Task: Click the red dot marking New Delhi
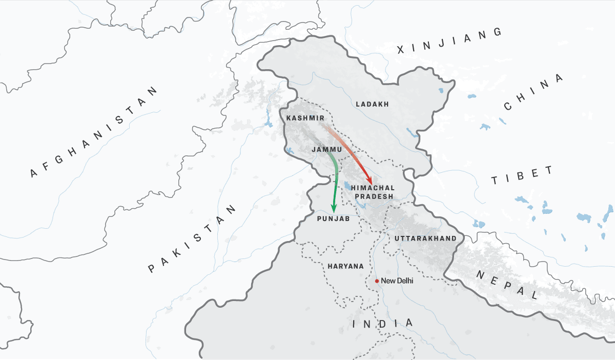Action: pos(377,281)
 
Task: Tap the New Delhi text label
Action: pos(397,281)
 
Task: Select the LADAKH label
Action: pos(372,104)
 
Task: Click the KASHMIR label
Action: pos(305,118)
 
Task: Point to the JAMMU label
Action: pos(326,149)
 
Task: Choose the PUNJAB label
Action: pos(333,219)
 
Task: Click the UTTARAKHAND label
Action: pos(425,238)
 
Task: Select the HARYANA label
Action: pos(345,266)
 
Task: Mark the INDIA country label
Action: pos(383,324)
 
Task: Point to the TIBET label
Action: pos(522,176)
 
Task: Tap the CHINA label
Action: pos(533,93)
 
